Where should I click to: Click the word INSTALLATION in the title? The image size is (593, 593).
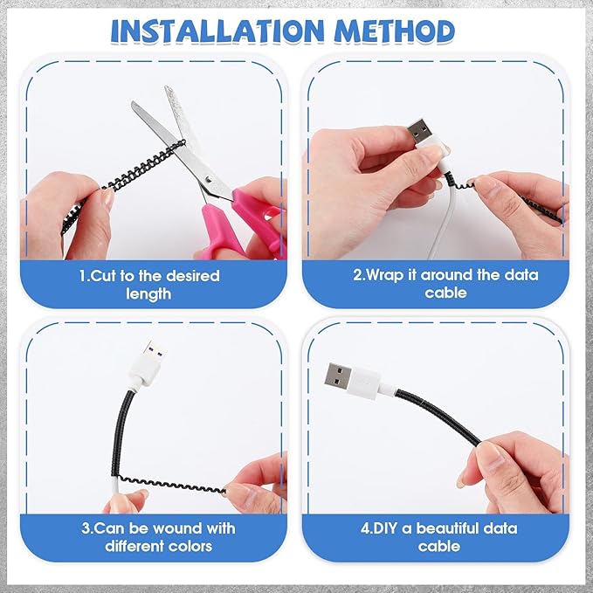pos(217,31)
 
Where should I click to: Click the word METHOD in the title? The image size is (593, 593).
pos(395,31)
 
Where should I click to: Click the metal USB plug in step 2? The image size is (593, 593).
pos(419,132)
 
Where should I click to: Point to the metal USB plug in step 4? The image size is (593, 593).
pos(338,375)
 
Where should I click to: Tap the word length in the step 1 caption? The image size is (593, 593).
pos(148,294)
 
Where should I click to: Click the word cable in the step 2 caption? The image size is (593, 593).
pos(445,293)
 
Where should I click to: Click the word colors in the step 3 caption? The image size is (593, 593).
pos(190,546)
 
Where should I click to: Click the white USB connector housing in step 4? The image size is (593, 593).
pos(364,383)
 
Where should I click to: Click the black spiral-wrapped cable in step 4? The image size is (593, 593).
pos(438,415)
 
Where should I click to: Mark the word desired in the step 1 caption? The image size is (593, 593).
pos(193,276)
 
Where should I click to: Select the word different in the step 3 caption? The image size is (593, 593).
pos(134,546)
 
